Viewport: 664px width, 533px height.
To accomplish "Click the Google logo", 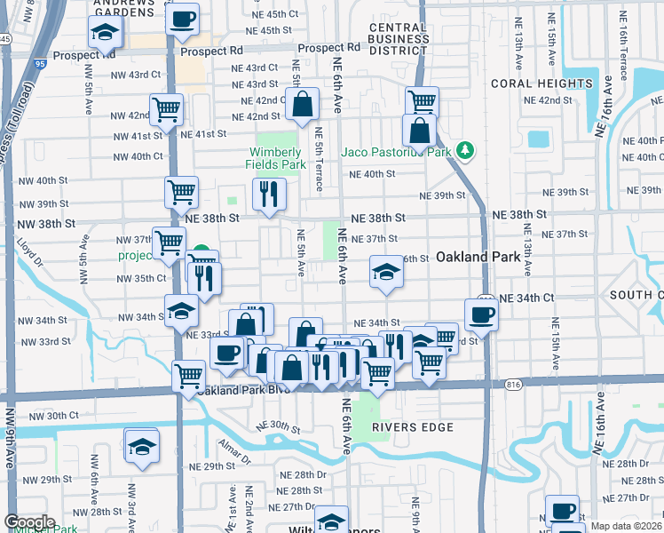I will click(29, 522).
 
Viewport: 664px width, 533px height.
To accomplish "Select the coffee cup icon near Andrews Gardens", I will click(183, 19).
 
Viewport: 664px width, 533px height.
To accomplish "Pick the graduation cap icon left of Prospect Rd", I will click(105, 35).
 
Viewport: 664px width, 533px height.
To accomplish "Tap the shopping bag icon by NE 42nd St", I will click(303, 104).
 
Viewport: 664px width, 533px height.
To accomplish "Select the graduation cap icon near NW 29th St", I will click(141, 448).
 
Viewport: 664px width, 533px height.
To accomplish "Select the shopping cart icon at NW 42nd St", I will click(166, 110).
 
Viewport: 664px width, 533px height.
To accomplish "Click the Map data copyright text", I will click(627, 526).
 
